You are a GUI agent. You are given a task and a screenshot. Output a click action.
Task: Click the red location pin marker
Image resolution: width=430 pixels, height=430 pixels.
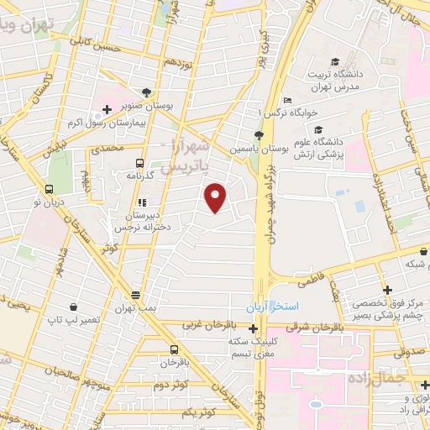pos(217,197)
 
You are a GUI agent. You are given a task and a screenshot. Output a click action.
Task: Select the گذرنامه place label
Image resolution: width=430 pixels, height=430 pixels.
pos(138,176)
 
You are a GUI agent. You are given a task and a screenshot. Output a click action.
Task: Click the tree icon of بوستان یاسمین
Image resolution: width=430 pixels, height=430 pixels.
pos(259,135)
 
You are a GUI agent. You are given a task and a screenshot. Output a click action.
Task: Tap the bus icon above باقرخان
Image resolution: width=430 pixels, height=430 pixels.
pos(174,350)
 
